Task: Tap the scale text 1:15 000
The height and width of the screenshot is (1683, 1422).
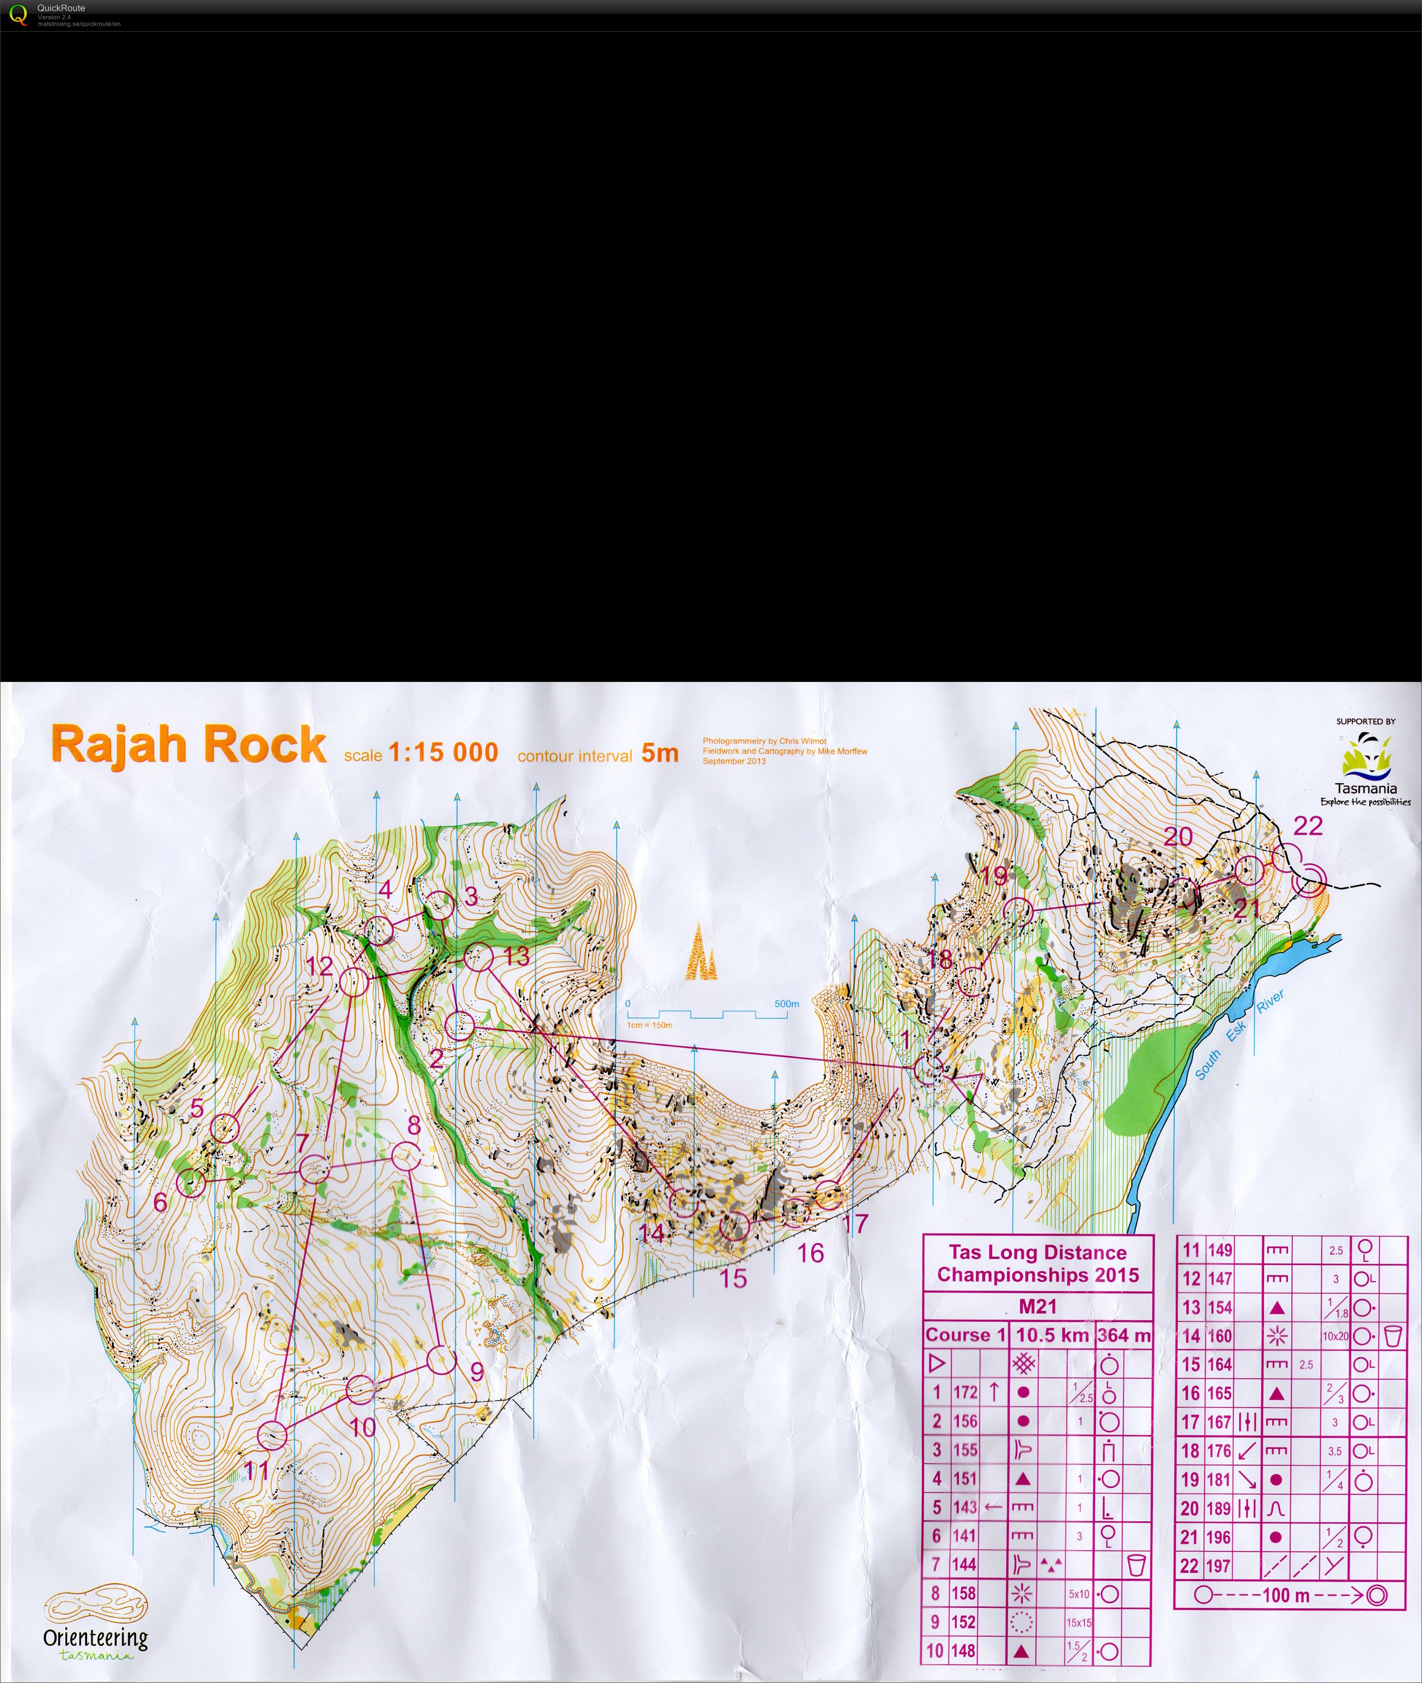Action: [443, 752]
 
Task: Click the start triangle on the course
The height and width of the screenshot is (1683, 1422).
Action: [970, 1085]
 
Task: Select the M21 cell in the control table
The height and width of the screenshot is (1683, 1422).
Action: [1038, 1306]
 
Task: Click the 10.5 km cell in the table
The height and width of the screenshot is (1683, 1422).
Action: [1052, 1335]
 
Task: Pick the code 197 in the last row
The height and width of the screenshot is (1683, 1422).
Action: [1219, 1566]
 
